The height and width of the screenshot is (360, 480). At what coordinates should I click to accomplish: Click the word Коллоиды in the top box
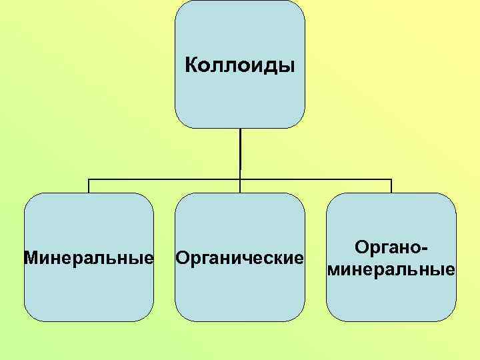coord(239,66)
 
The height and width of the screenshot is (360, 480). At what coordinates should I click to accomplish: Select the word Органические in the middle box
coord(239,257)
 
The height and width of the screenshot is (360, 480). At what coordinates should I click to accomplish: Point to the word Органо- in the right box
coord(391,247)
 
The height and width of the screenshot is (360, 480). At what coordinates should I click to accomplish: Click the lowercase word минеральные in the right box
coord(391,270)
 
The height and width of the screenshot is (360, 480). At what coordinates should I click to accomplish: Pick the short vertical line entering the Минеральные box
coord(89,186)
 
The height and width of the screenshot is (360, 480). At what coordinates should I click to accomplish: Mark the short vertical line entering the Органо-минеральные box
coord(391,186)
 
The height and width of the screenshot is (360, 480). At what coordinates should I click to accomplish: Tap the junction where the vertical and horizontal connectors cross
coord(240,179)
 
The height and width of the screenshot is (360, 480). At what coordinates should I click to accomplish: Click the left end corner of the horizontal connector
coord(89,179)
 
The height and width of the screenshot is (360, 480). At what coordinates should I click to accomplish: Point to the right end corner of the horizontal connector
coord(391,179)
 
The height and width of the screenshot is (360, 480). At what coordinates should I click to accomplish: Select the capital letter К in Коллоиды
coord(191,66)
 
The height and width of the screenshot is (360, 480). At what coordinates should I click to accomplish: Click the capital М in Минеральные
coord(30,257)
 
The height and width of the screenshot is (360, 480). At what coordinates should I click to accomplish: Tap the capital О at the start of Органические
coord(181,257)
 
